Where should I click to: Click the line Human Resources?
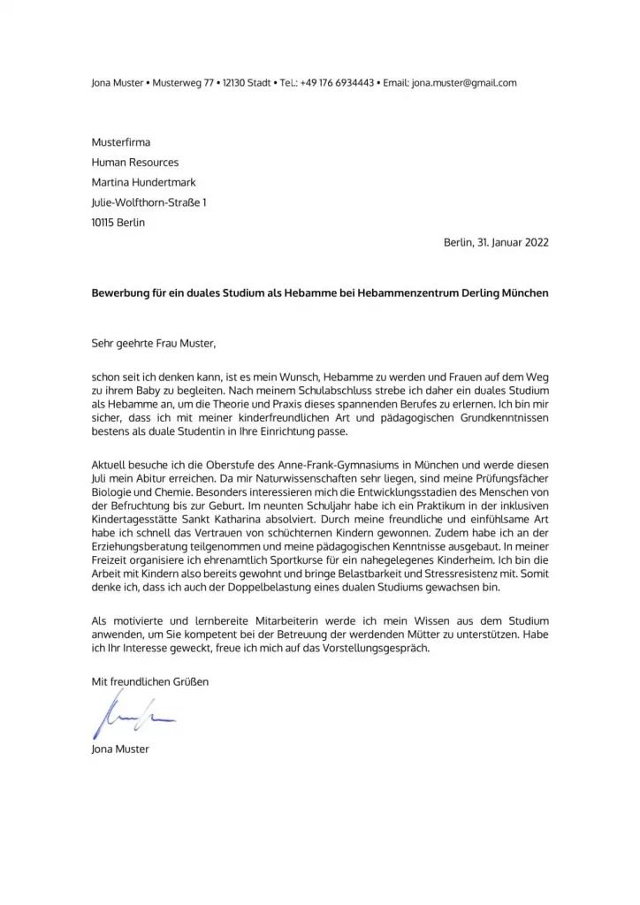click(135, 163)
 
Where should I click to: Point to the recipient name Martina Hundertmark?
click(144, 183)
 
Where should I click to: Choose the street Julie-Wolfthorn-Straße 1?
click(149, 203)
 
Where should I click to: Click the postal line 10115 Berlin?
click(118, 223)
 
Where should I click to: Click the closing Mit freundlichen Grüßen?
click(151, 681)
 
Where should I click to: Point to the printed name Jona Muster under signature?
click(120, 749)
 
